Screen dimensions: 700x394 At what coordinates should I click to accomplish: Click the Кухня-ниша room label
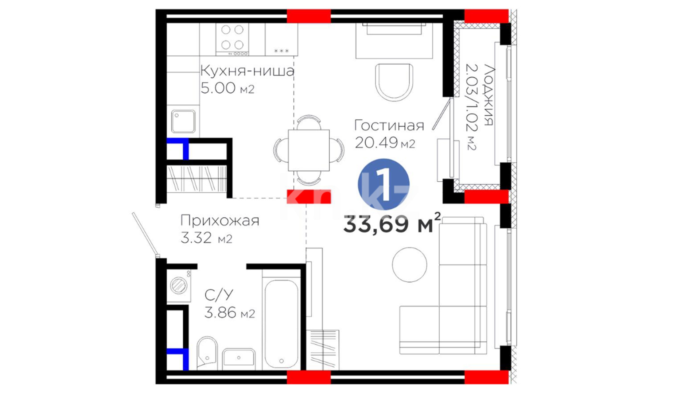247,70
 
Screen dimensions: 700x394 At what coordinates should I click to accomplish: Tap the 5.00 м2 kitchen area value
227,88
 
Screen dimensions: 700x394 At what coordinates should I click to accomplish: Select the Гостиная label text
389,125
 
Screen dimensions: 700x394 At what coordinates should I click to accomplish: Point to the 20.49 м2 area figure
385,143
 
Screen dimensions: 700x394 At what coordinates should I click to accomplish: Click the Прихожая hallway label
220,221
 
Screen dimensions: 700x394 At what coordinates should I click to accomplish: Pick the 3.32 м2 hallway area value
206,238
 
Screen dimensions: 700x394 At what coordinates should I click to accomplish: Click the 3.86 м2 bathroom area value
229,313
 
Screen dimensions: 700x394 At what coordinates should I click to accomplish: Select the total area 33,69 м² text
392,223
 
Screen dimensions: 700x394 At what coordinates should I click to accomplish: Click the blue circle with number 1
384,184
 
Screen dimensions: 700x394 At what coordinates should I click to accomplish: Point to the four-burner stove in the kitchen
232,39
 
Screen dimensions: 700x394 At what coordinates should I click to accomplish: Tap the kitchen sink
183,121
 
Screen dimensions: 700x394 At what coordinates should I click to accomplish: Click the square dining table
309,150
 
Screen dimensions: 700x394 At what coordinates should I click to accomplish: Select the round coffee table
409,265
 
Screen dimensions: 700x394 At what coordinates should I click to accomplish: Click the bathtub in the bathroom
281,324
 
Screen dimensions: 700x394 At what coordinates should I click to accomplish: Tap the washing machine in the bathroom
179,285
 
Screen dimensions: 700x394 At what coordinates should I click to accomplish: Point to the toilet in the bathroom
207,353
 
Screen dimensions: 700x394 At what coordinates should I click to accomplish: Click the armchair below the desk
394,82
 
